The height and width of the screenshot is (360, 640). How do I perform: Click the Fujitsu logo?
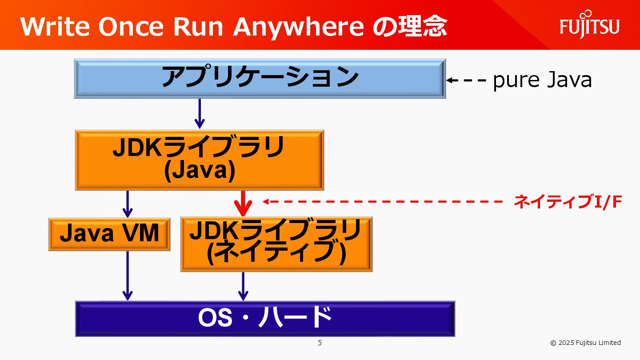589,25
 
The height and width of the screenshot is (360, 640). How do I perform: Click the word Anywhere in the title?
298,27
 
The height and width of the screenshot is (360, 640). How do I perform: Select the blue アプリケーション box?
260,78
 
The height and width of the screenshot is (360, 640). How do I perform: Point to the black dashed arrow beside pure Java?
467,80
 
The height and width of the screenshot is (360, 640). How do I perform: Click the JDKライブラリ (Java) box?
199,160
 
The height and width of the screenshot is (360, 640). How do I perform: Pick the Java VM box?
109,234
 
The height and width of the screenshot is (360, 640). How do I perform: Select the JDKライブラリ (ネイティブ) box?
276,244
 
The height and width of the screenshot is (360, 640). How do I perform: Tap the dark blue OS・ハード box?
265,318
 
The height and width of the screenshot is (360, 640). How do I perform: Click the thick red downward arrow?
243,204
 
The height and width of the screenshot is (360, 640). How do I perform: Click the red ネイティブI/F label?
568,202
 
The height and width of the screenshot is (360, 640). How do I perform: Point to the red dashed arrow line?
382,201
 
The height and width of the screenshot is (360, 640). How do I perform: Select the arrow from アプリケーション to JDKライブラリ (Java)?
200,114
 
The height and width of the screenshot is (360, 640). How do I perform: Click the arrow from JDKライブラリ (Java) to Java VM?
128,204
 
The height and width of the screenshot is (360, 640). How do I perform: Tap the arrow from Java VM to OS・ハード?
128,276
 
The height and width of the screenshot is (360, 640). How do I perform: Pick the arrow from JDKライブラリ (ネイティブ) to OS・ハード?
243,286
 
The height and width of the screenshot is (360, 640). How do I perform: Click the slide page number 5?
320,343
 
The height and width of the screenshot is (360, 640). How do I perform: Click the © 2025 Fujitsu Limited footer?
585,343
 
